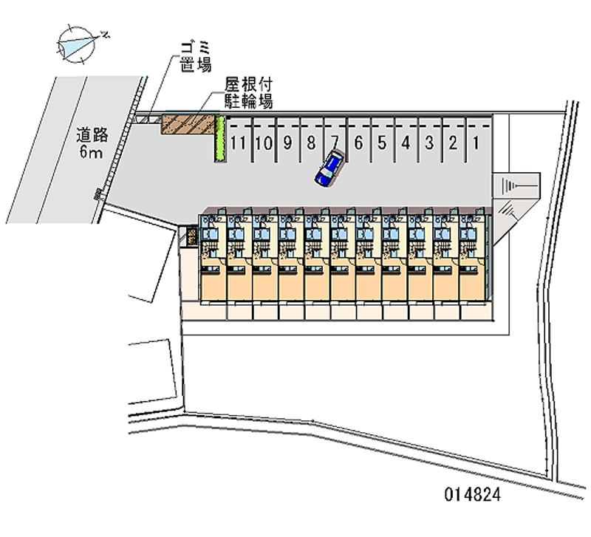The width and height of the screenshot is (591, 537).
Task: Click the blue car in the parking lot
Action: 329,168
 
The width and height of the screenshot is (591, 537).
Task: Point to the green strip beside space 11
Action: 219,138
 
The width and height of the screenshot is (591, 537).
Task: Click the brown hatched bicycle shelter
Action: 188,124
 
